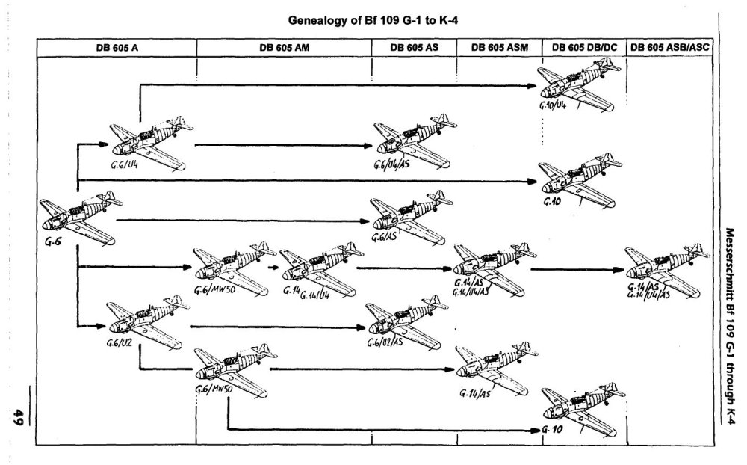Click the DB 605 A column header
click(x=116, y=47)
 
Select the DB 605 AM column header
click(x=285, y=47)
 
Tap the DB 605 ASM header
click(x=500, y=47)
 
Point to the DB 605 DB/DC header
click(x=583, y=47)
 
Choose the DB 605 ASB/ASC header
click(x=670, y=47)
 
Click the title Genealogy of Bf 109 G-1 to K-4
click(x=372, y=22)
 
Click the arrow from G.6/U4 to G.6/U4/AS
click(x=284, y=144)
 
